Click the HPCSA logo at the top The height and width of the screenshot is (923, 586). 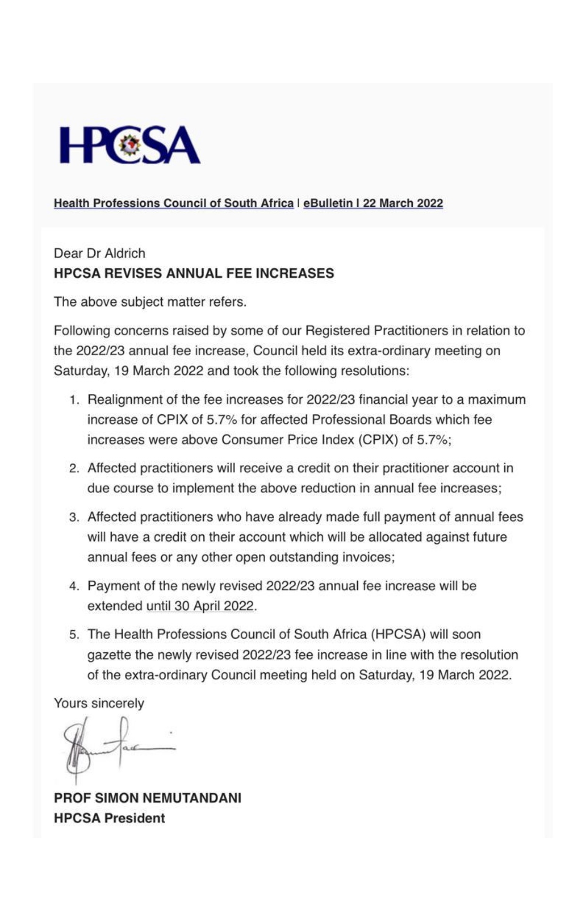coord(130,145)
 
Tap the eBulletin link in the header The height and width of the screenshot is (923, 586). coord(327,203)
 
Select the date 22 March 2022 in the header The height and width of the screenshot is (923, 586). coord(403,203)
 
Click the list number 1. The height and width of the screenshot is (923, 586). coord(74,400)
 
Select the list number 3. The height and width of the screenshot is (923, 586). coord(74,517)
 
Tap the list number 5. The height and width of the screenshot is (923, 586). coord(74,634)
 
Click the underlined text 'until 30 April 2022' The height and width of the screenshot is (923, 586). coord(200,606)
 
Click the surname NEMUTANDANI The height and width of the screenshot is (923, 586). coord(192,798)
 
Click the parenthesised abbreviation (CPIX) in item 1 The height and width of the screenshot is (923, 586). coord(377,440)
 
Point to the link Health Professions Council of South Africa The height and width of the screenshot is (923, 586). coord(173,203)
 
